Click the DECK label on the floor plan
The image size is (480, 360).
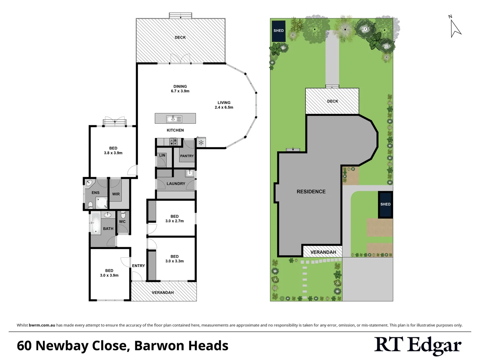[180, 37]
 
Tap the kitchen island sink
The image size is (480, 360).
[174, 119]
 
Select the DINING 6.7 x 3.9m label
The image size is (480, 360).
[180, 89]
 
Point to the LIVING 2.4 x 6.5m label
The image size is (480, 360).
[224, 105]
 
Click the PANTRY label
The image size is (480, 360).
[187, 156]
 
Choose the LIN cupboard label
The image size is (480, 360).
[162, 155]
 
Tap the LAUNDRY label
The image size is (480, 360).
[176, 184]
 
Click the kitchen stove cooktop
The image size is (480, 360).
[173, 142]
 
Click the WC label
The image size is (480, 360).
[122, 222]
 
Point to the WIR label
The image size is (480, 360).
[116, 194]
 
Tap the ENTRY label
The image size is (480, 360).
[138, 266]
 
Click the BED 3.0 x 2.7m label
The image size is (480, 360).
[174, 219]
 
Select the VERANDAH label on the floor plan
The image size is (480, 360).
[163, 293]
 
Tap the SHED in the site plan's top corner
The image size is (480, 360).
[279, 31]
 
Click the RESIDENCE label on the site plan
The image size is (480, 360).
[311, 192]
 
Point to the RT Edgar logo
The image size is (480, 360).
[418, 346]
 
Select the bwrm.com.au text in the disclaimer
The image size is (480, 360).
[42, 325]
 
